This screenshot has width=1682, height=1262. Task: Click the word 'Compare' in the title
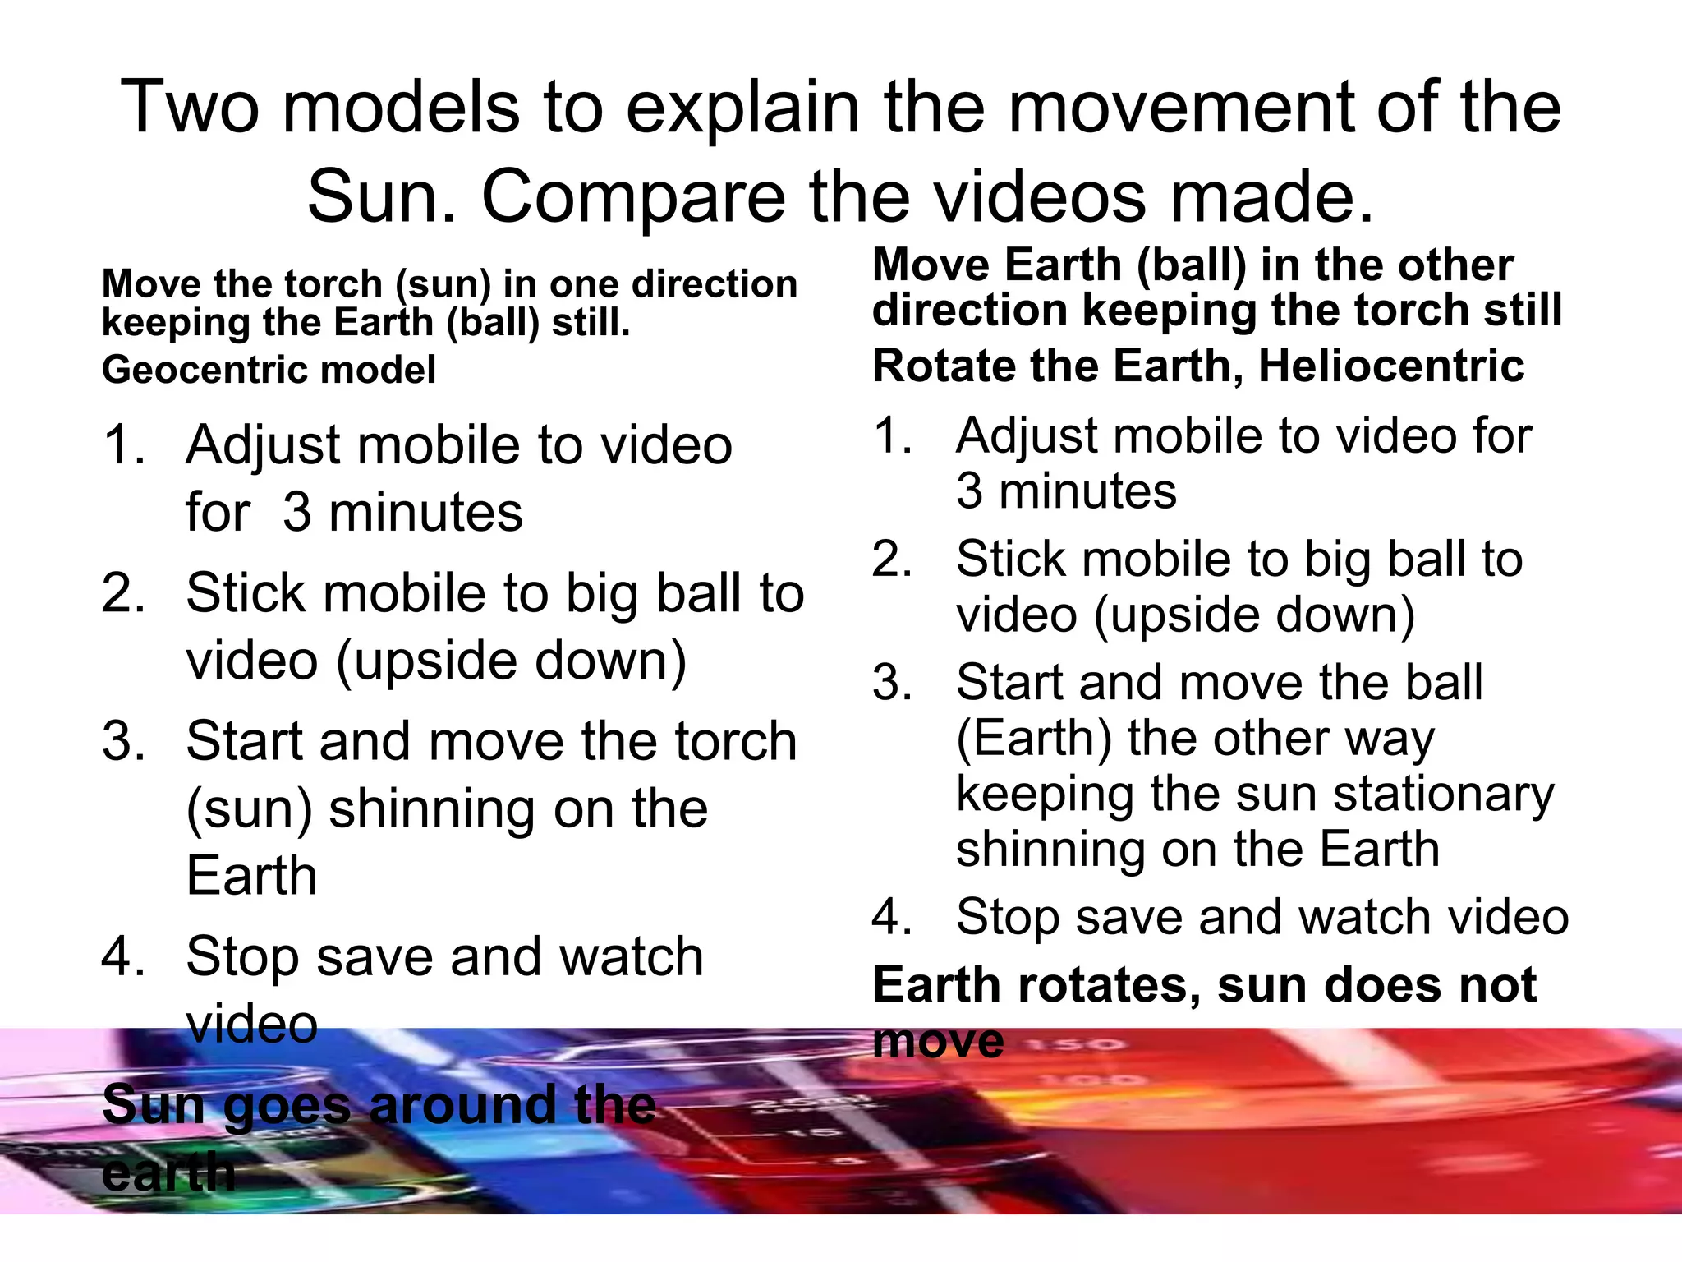click(632, 197)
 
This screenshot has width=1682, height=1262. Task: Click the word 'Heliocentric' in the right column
click(1391, 366)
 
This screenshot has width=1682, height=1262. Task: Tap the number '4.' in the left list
click(124, 956)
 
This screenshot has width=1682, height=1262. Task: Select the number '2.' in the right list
click(893, 560)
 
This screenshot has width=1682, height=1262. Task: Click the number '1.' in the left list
click(124, 445)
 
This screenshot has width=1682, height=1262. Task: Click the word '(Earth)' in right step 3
click(1034, 738)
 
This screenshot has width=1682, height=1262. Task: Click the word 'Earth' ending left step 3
click(251, 876)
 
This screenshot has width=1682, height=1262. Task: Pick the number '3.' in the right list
click(893, 683)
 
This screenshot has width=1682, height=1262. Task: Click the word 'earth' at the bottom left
click(168, 1172)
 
